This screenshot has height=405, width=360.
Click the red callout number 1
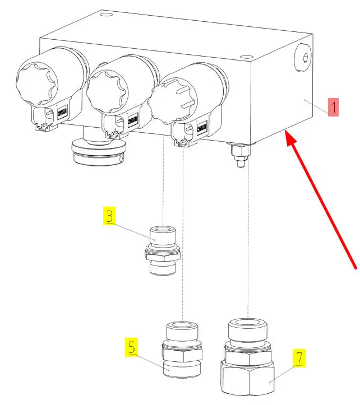coord(333,107)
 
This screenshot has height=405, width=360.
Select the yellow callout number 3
coord(109,216)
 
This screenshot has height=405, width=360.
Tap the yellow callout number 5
coord(132,347)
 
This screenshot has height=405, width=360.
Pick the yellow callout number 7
coord(299,358)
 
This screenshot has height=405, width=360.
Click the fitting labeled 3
coord(163,250)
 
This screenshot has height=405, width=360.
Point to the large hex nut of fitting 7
coord(247,377)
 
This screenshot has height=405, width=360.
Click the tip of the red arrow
coord(285,131)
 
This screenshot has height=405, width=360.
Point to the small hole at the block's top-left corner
coord(105,13)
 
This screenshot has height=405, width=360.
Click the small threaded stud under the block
coord(240,156)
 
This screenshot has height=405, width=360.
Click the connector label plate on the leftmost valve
coord(62,112)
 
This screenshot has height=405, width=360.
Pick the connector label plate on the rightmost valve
coord(201,128)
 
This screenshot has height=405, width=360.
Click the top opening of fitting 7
coord(247,322)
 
